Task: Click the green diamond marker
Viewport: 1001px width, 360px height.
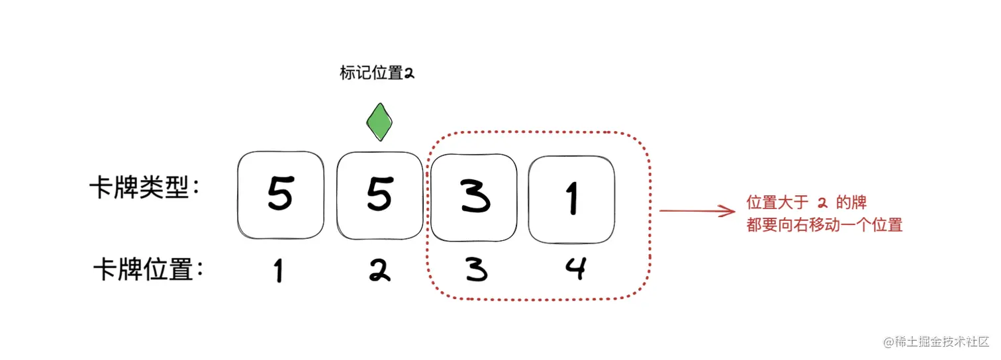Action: click(379, 122)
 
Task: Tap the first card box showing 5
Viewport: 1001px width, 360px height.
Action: click(280, 195)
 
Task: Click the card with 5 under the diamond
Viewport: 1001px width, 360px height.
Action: click(379, 195)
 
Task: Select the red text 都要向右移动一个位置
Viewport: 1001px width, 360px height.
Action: click(824, 225)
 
